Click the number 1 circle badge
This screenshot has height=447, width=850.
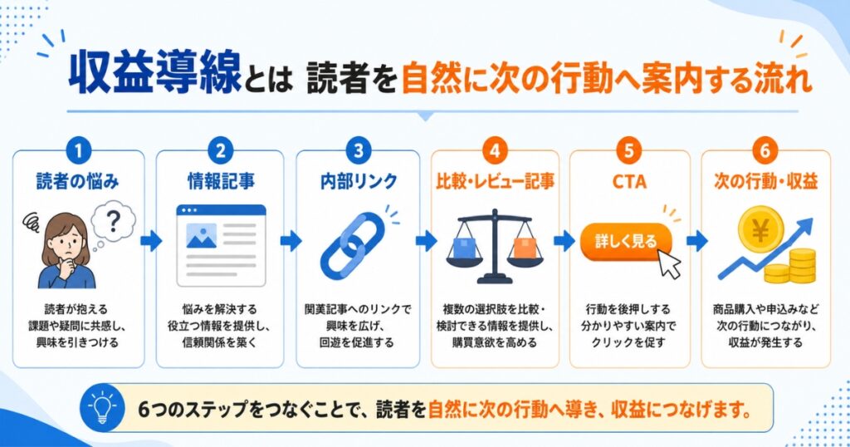[79, 151]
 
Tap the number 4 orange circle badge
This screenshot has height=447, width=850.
[495, 151]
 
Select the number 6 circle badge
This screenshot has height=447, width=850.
[765, 151]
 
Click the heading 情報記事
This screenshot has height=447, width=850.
[221, 181]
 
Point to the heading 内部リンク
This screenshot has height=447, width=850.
[359, 181]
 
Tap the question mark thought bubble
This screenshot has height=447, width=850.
[112, 223]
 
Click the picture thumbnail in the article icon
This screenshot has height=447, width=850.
[201, 235]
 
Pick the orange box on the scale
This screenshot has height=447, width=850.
[525, 248]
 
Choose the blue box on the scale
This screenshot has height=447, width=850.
[464, 248]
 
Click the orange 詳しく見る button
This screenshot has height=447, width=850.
[626, 241]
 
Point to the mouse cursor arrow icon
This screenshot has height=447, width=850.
[669, 265]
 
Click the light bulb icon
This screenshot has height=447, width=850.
[102, 409]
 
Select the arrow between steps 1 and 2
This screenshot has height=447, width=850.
[151, 241]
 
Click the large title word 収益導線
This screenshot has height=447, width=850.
[155, 71]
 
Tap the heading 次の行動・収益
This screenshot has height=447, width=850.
[765, 181]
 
